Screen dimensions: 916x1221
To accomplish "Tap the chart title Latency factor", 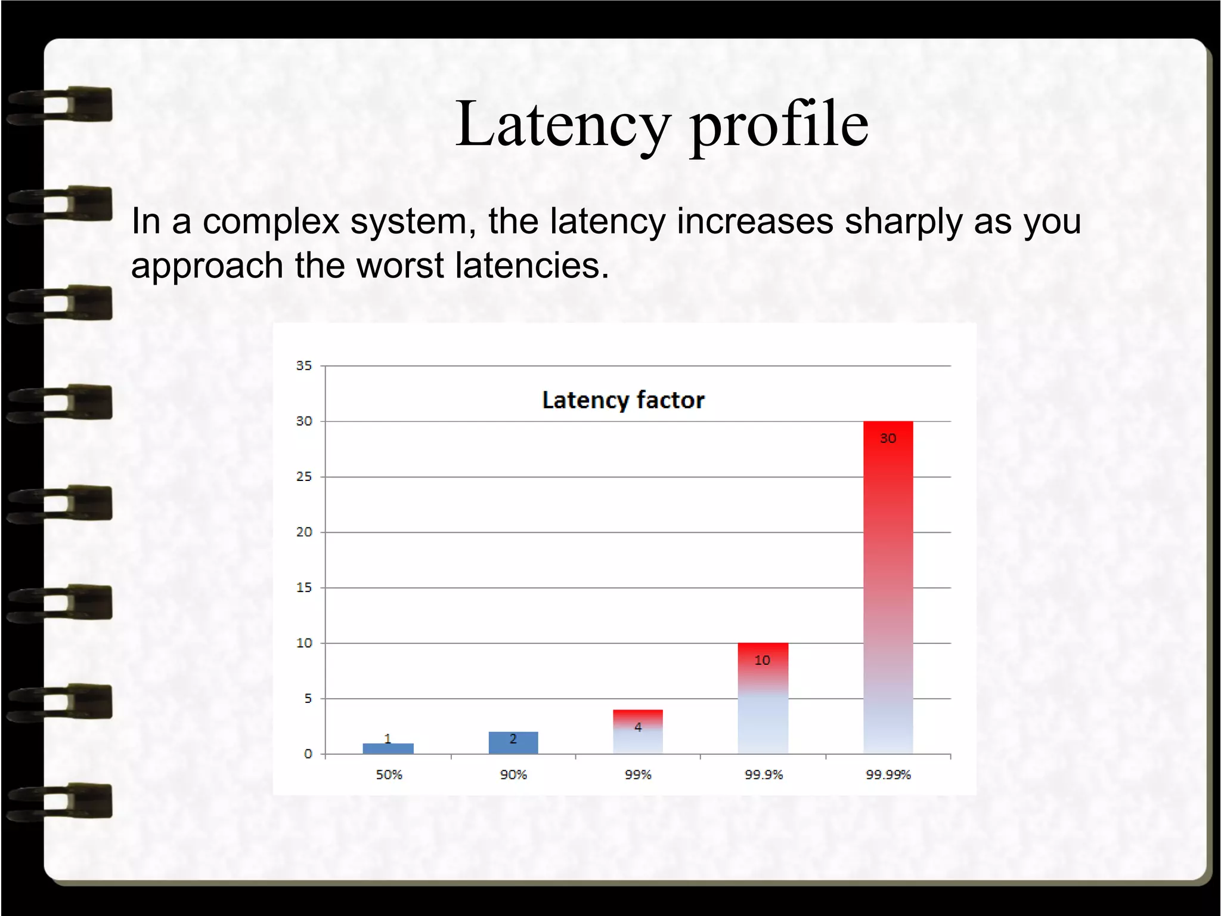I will [623, 400].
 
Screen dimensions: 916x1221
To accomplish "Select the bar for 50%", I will [388, 748].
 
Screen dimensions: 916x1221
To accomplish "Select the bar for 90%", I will [513, 742].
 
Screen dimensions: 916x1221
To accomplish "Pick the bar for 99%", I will [637, 732].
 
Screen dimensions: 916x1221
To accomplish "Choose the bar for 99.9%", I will [763, 698].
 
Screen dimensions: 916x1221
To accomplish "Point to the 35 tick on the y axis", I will [304, 366].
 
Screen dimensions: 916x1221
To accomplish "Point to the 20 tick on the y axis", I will [304, 532].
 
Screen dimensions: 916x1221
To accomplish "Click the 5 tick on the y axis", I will [308, 698].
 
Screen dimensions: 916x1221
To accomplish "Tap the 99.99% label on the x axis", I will [888, 775].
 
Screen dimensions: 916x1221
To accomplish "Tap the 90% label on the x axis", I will [513, 775].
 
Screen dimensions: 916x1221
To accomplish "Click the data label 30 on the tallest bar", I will [888, 439].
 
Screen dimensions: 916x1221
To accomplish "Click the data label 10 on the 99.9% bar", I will [763, 660].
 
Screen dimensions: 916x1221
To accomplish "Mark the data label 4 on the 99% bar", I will [637, 727].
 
